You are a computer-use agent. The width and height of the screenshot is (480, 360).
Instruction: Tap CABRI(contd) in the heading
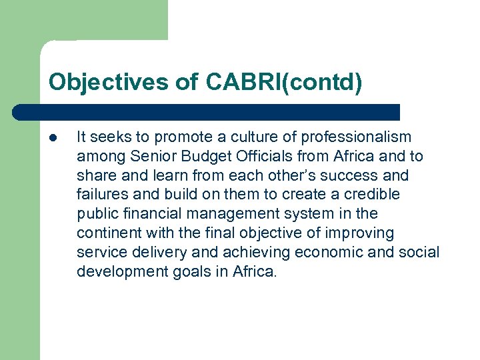coord(284,83)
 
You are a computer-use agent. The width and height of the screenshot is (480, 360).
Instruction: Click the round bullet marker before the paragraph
coord(53,138)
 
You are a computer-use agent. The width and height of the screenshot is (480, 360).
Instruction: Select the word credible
coord(373,195)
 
